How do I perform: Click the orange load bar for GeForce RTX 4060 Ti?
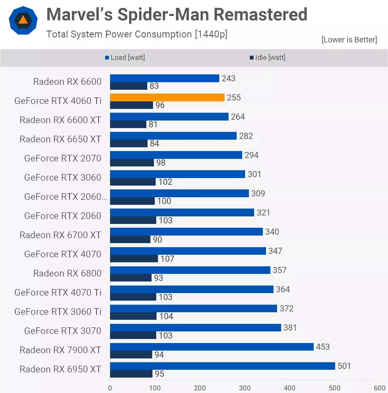pyautogui.click(x=167, y=98)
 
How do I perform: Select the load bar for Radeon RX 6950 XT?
pyautogui.click(x=222, y=366)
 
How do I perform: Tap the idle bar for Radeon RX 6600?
pyautogui.click(x=129, y=86)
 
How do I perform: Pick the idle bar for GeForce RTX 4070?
pyautogui.click(x=134, y=259)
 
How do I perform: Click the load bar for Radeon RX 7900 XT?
pyautogui.click(x=212, y=347)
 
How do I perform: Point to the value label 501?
pyautogui.click(x=344, y=366)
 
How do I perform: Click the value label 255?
pyautogui.click(x=234, y=98)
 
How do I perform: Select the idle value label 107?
pyautogui.click(x=167, y=259)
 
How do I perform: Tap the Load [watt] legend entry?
pyautogui.click(x=125, y=58)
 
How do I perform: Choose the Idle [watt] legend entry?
pyautogui.click(x=268, y=58)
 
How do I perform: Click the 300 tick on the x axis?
pyautogui.click(x=245, y=388)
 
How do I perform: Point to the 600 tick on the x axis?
pyautogui.click(x=379, y=388)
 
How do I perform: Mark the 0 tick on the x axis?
pyautogui.click(x=110, y=388)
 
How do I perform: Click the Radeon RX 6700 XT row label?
pyautogui.click(x=60, y=235)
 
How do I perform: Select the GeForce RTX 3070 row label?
pyautogui.click(x=63, y=331)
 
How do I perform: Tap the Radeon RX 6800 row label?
pyautogui.click(x=67, y=273)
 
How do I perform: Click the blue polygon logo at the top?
pyautogui.click(x=23, y=20)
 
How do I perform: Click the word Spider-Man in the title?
pyautogui.click(x=164, y=15)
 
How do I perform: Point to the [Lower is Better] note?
pyautogui.click(x=349, y=40)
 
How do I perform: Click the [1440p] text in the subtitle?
pyautogui.click(x=211, y=34)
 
